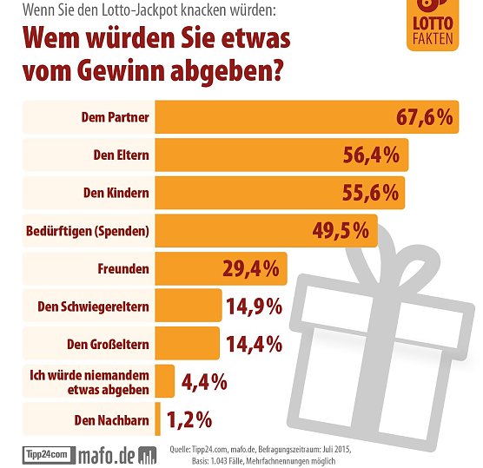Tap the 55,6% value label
click(367, 193)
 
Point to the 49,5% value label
click(341, 230)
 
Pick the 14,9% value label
click(254, 306)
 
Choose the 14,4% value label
click(254, 344)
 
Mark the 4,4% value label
click(203, 381)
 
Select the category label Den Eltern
click(121, 156)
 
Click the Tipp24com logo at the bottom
click(45, 454)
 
